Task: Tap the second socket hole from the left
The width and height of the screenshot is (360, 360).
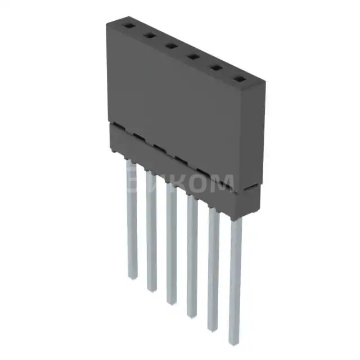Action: pyautogui.click(x=150, y=35)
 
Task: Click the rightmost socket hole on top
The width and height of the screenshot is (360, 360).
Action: pyautogui.click(x=238, y=80)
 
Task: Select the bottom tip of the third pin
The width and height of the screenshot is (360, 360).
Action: pyautogui.click(x=171, y=302)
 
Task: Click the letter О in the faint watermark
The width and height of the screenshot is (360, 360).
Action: pyautogui.click(x=198, y=183)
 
